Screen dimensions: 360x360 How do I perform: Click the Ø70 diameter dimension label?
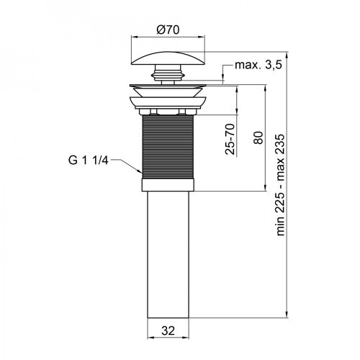point(168,31)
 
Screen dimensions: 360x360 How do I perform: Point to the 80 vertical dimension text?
point(258,137)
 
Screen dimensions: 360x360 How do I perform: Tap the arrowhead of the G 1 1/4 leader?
point(140,173)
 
